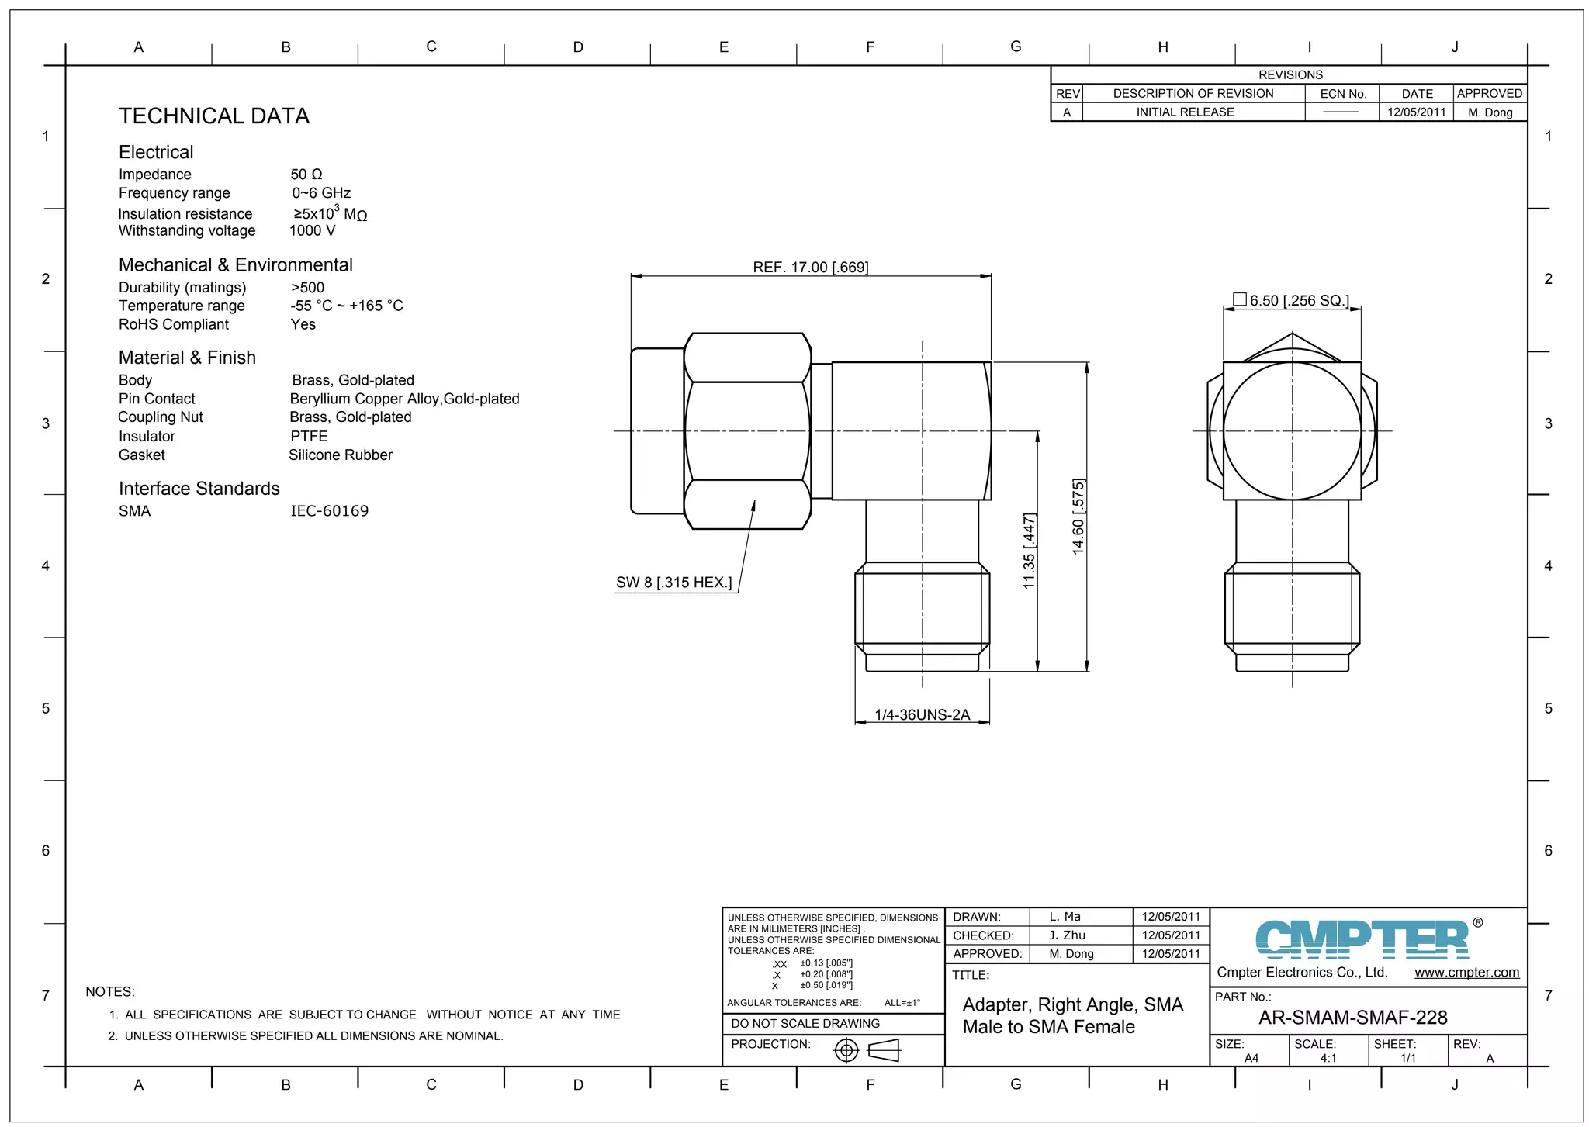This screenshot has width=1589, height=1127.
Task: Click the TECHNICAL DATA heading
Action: click(x=214, y=116)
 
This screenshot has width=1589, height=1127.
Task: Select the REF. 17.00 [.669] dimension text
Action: click(x=810, y=268)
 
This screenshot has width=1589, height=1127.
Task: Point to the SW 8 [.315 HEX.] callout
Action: click(x=673, y=583)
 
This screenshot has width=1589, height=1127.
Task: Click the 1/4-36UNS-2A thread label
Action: click(x=922, y=715)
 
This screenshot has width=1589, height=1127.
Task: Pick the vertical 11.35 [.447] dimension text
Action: click(x=1030, y=551)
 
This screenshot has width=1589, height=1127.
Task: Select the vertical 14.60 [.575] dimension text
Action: click(x=1078, y=517)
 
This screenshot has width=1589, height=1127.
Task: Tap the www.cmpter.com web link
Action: click(x=1466, y=973)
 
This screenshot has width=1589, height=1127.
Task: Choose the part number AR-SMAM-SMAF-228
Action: click(x=1352, y=1018)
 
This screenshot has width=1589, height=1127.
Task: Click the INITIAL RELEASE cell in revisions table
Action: click(x=1185, y=112)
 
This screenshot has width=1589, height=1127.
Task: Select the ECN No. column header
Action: click(x=1343, y=94)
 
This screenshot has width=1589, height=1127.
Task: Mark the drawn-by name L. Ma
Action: click(x=1065, y=917)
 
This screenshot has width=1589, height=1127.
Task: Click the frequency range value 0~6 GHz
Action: click(x=321, y=193)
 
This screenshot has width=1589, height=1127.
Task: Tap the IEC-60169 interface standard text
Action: click(x=330, y=511)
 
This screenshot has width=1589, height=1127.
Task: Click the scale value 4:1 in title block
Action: click(x=1328, y=1058)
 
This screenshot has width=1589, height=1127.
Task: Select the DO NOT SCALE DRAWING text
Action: click(x=805, y=1024)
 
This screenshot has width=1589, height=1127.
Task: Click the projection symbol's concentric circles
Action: click(x=846, y=1051)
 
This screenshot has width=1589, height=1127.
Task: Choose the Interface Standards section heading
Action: click(x=199, y=489)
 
